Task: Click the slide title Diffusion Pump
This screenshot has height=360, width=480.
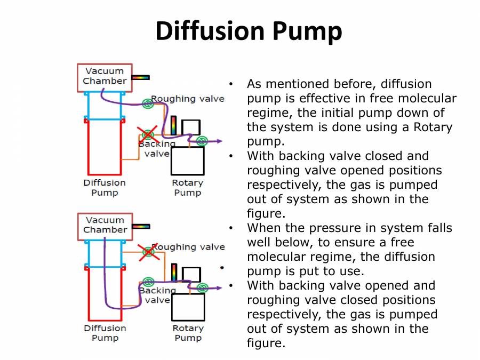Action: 249,31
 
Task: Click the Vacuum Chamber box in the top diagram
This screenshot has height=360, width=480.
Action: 105,76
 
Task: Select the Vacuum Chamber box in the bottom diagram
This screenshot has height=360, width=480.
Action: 105,225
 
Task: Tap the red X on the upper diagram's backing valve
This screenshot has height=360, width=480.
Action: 147,135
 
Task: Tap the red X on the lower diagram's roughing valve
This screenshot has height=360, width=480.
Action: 149,252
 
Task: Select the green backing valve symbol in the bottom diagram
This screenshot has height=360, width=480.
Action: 148,282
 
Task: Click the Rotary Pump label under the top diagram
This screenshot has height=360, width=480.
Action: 187,188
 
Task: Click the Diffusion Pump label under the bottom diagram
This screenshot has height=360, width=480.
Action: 105,333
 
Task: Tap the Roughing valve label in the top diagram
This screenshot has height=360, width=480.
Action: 188,99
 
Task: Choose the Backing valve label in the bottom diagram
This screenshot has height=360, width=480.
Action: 157,295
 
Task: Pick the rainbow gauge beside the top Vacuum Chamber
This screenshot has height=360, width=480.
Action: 141,77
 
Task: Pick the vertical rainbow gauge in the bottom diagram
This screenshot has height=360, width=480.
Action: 174,272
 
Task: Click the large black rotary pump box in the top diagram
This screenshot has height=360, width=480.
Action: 188,161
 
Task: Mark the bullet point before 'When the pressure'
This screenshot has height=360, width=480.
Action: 231,228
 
